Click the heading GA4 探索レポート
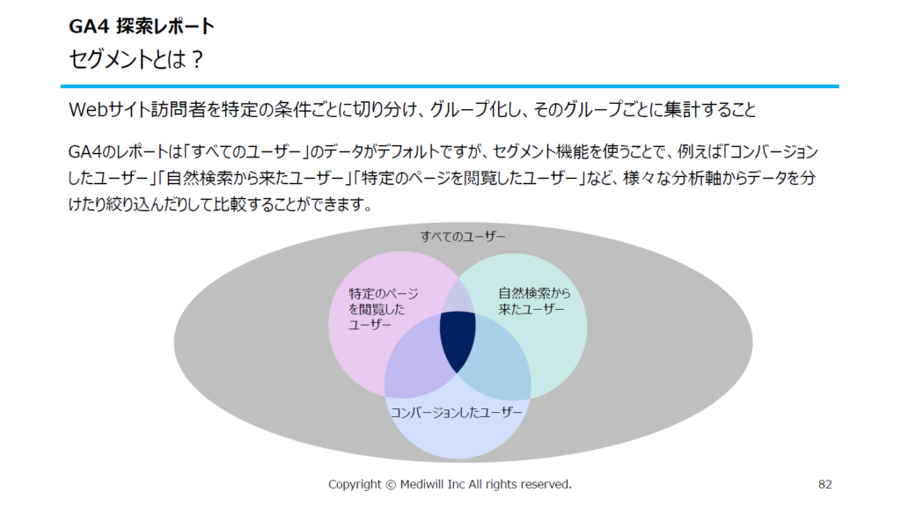pyautogui.click(x=142, y=26)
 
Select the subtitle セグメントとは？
pyautogui.click(x=136, y=59)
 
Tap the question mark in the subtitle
pyautogui.click(x=197, y=59)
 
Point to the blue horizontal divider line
pyautogui.click(x=450, y=86)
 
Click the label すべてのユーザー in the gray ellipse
pyautogui.click(x=463, y=236)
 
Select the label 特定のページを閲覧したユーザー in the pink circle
pyautogui.click(x=384, y=309)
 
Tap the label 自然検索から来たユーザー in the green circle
pyautogui.click(x=534, y=301)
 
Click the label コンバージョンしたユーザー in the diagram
pyautogui.click(x=457, y=412)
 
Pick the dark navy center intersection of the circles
pyautogui.click(x=458, y=339)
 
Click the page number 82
pyautogui.click(x=825, y=485)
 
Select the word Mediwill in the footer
pyautogui.click(x=422, y=485)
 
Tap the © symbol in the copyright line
pyautogui.click(x=391, y=485)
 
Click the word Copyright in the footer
pyautogui.click(x=355, y=485)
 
